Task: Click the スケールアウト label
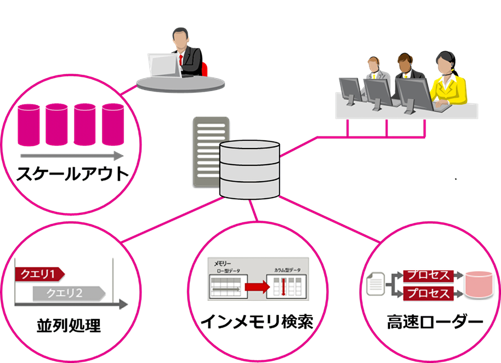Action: point(73,174)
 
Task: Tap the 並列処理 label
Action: point(68,326)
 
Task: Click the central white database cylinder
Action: point(249,170)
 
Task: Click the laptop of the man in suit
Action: point(164,66)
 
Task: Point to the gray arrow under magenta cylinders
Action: point(70,155)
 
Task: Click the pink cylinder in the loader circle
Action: point(480,284)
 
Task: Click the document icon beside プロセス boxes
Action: point(375,283)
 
